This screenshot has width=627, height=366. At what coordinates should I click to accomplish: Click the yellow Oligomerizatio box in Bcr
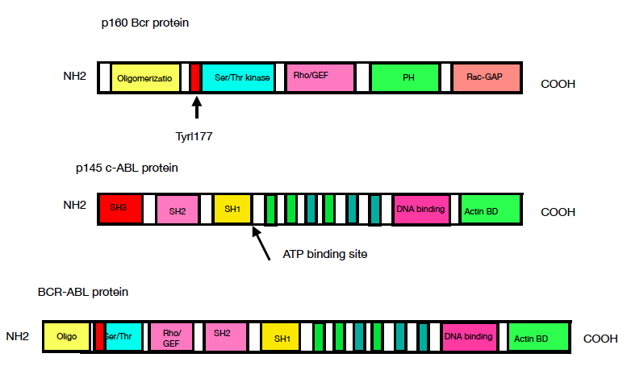point(144,77)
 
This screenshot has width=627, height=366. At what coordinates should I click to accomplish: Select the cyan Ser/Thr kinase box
point(237,77)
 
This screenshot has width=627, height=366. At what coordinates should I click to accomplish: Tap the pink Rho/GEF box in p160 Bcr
point(320,77)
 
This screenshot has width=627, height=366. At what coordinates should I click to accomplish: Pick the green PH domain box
point(404,77)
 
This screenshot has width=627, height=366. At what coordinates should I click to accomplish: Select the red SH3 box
point(121,209)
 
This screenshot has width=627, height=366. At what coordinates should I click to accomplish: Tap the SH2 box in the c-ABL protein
point(178,210)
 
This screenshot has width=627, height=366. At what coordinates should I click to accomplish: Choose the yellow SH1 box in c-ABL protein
point(232,209)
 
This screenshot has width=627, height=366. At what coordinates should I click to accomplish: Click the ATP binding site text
point(325,254)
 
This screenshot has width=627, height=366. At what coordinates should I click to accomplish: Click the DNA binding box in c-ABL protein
point(420,210)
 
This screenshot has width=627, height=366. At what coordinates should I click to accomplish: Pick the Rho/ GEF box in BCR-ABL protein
point(172,336)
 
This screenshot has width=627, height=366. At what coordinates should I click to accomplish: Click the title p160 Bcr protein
point(144,23)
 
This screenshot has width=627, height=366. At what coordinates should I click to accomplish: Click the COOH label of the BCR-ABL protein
point(600,339)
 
